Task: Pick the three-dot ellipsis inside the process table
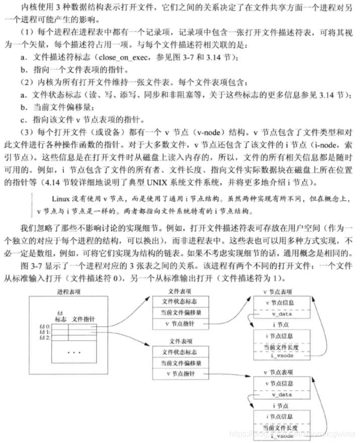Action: coord(73,352)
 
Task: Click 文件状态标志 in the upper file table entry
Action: coord(181,301)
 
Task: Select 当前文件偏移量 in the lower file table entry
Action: coord(181,363)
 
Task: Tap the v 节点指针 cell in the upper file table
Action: coord(181,324)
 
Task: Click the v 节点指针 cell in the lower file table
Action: coord(181,375)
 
